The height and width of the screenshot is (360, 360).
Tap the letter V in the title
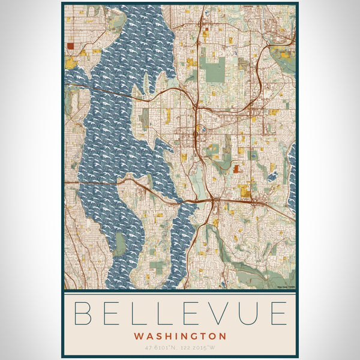click(225, 313)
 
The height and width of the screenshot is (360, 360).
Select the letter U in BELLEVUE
click(253, 313)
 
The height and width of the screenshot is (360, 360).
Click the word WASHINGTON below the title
click(180, 336)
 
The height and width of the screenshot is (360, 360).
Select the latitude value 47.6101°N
click(161, 347)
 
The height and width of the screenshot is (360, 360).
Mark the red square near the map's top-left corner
click(71, 45)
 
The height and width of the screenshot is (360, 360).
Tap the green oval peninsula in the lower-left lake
click(121, 244)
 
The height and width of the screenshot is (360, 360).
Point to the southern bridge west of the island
click(96, 182)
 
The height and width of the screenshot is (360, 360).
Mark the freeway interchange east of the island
click(213, 200)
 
